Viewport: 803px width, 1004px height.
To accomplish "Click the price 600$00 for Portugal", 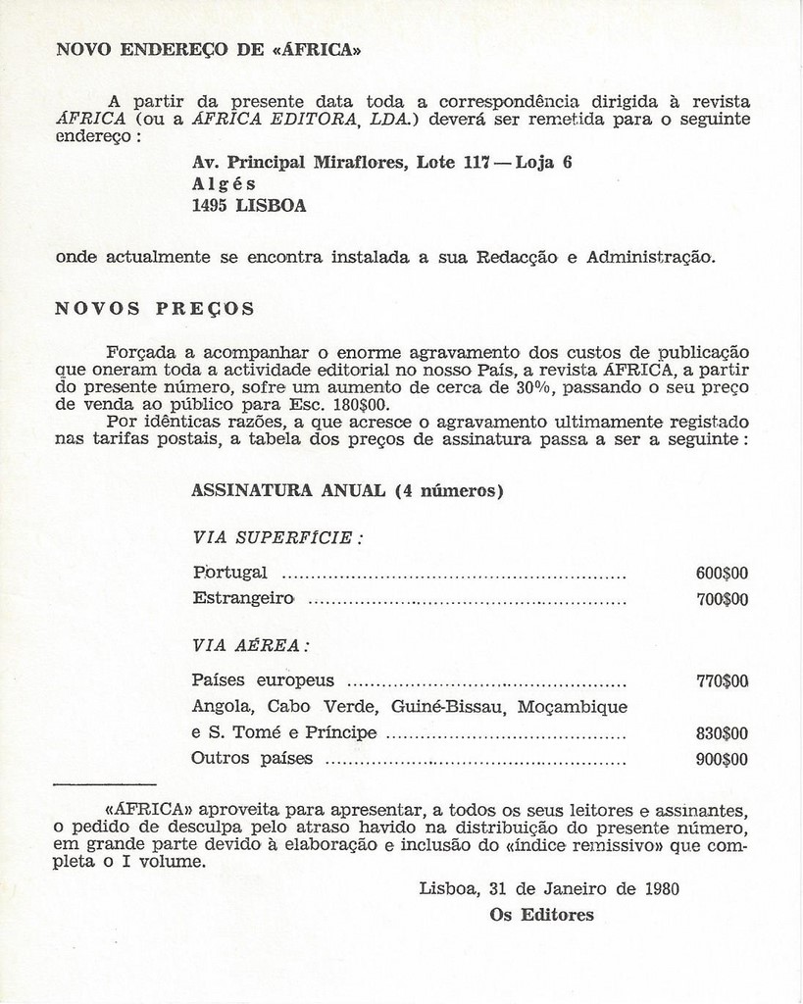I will (722, 574).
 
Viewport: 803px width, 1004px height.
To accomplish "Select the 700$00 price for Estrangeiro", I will (722, 599).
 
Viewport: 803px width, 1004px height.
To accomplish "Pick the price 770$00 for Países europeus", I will (722, 680).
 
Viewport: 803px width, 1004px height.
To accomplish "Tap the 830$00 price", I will (722, 733).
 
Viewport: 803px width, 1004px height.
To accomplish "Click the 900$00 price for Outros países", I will (722, 759).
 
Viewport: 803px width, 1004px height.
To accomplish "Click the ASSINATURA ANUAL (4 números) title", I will (347, 491).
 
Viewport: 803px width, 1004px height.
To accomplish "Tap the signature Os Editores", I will (541, 915).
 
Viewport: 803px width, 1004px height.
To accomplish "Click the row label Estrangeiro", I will (243, 598).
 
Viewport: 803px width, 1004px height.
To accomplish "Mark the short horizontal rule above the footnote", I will (104, 784).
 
